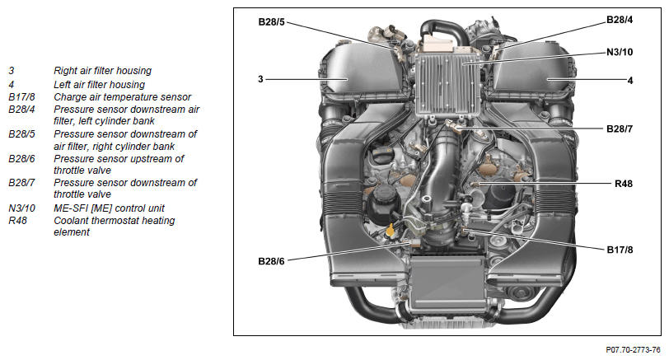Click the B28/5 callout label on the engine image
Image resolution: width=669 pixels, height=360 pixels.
click(x=271, y=21)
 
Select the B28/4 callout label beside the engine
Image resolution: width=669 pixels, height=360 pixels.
click(x=620, y=20)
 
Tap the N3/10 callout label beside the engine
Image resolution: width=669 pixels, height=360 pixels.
click(x=620, y=52)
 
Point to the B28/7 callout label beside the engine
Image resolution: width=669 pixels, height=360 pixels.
click(x=620, y=129)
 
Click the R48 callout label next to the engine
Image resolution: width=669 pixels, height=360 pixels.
click(x=624, y=184)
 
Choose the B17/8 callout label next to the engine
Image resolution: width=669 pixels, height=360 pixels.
click(x=620, y=250)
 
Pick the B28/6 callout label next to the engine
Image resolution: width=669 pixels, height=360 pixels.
click(x=271, y=261)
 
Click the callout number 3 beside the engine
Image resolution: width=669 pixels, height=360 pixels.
click(x=260, y=79)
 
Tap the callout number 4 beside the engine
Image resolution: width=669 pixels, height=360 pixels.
click(x=629, y=80)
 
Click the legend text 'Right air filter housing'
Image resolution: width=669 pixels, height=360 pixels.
click(x=102, y=71)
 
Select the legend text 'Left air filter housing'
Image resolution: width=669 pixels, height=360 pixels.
click(x=99, y=85)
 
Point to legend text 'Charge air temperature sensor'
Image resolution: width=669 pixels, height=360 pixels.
click(x=122, y=97)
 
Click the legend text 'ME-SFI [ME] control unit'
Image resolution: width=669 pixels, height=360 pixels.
click(x=109, y=208)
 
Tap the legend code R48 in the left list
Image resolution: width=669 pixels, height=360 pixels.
click(x=17, y=221)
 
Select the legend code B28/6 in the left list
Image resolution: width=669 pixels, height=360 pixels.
click(x=21, y=159)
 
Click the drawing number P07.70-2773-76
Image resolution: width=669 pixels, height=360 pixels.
click(x=633, y=350)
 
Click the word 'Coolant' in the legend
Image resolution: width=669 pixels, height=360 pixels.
click(x=70, y=221)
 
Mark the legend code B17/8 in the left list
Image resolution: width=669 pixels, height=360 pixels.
click(x=21, y=97)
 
